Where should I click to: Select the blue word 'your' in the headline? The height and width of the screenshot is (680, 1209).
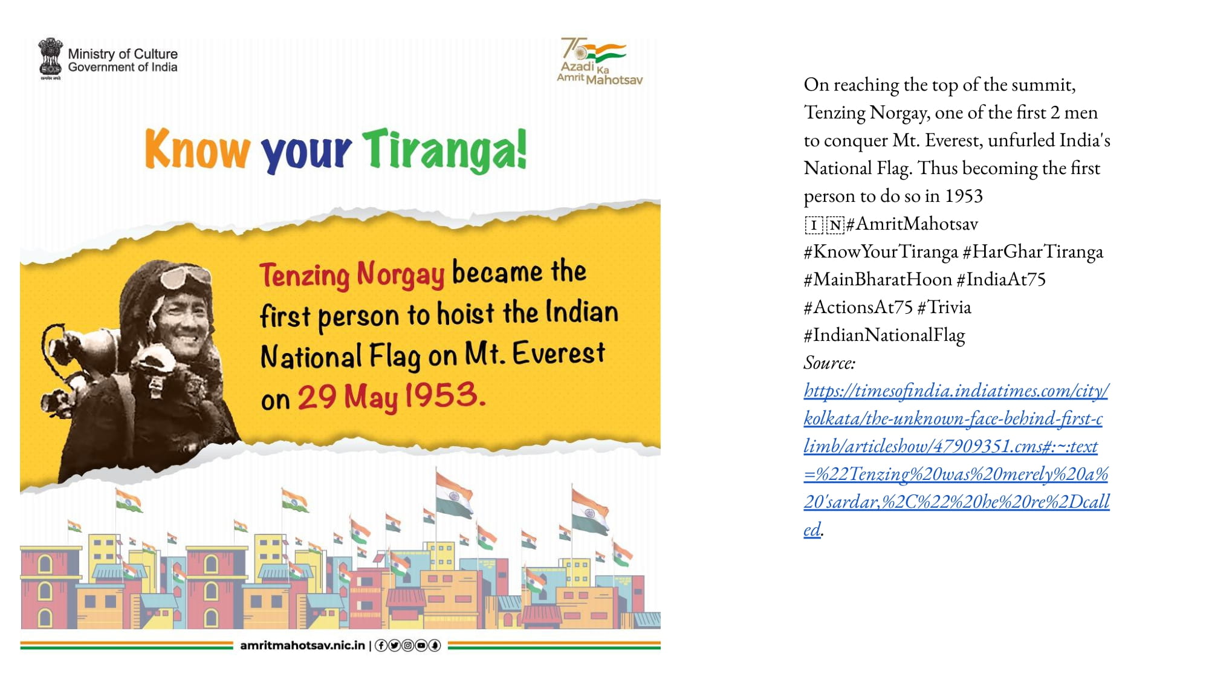click(306, 154)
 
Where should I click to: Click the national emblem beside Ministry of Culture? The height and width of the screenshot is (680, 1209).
click(50, 59)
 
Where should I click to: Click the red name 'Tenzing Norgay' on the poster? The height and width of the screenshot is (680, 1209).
click(352, 274)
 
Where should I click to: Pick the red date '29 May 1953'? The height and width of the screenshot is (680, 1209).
click(391, 397)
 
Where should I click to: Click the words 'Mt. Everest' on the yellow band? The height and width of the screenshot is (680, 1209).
click(534, 353)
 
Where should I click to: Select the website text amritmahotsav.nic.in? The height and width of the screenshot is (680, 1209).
click(303, 646)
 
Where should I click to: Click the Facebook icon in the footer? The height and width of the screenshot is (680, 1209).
click(381, 646)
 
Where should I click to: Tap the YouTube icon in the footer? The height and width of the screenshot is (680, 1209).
click(421, 646)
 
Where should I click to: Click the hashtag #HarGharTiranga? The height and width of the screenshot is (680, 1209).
click(1032, 251)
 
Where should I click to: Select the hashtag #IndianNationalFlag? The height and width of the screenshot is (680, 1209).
click(884, 335)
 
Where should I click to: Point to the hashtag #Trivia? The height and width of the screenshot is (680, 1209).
click(944, 307)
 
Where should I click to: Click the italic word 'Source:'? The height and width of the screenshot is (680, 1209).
click(829, 363)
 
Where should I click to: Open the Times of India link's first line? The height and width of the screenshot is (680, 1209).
click(956, 391)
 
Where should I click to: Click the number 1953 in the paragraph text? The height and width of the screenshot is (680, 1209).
click(964, 196)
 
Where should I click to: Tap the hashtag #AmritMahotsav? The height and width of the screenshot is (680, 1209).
click(912, 224)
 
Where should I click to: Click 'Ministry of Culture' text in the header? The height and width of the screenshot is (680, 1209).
click(123, 54)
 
